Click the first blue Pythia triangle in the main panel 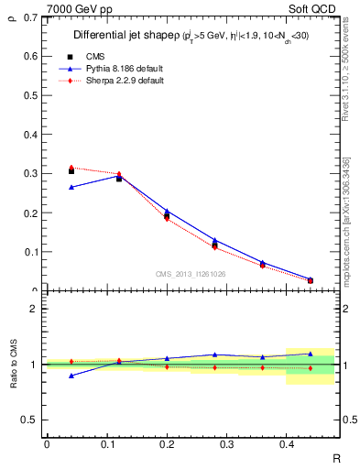(x=71, y=187)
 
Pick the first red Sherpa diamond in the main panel (x=71, y=168)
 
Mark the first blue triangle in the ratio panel (x=71, y=376)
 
